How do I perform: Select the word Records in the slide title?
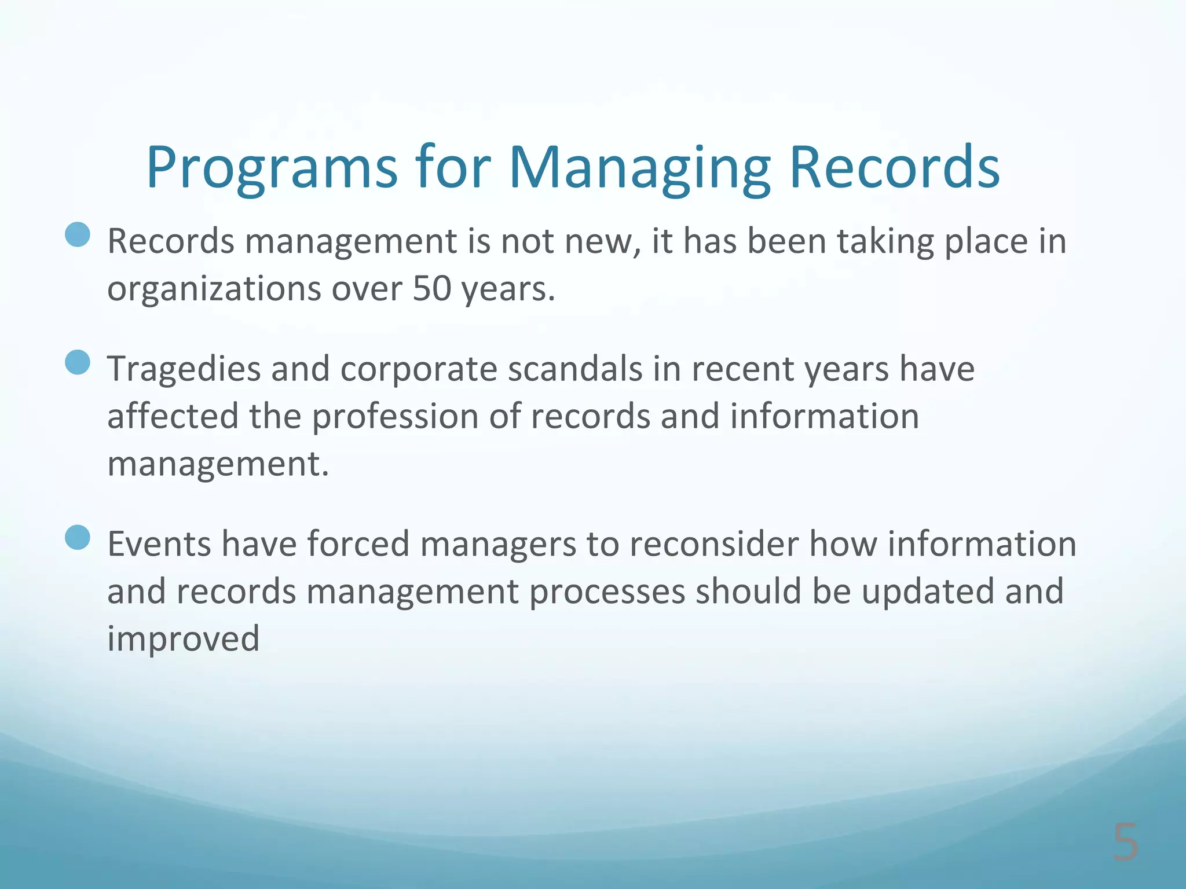point(894,168)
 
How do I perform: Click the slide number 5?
point(1125,843)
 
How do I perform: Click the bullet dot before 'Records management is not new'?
point(78,235)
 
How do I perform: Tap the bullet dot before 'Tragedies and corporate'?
point(78,363)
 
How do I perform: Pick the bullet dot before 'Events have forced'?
point(78,538)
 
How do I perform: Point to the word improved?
point(183,640)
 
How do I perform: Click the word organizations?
point(214,289)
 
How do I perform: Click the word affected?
point(173,417)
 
